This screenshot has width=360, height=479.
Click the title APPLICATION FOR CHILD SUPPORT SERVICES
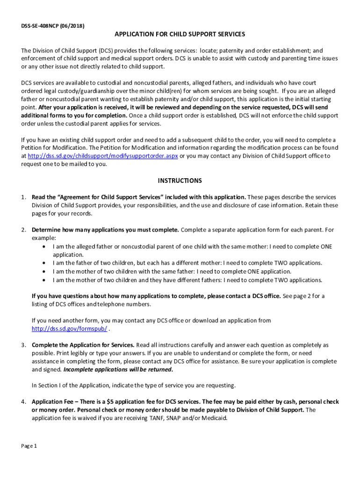(x=180, y=35)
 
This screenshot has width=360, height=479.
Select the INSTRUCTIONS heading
(x=180, y=181)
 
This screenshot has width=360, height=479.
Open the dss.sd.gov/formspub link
(x=69, y=329)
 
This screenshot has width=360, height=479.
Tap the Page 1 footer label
(x=29, y=446)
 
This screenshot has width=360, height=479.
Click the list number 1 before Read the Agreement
(x=23, y=197)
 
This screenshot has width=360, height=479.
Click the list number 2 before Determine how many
(x=23, y=230)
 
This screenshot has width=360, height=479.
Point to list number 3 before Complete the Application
(x=23, y=345)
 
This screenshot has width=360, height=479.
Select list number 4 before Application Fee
(x=23, y=402)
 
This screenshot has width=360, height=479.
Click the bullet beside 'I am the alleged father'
(x=44, y=247)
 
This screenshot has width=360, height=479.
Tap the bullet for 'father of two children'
(x=44, y=263)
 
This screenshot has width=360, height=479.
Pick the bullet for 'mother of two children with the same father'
(x=44, y=272)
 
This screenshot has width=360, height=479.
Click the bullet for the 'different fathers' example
(x=44, y=280)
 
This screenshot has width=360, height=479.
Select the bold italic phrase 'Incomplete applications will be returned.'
(x=118, y=370)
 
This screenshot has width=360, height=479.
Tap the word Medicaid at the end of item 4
(x=215, y=419)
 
